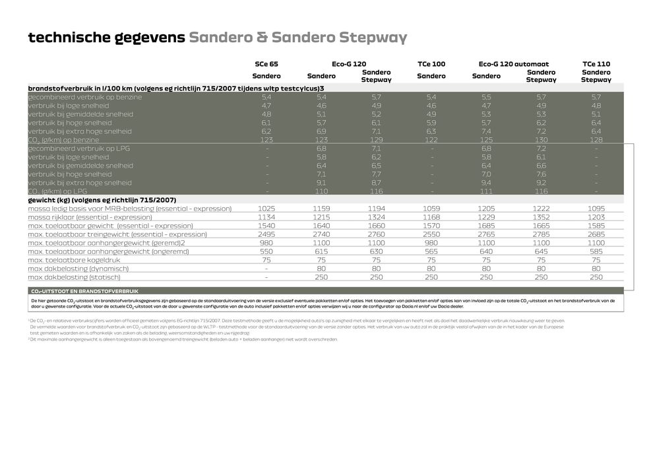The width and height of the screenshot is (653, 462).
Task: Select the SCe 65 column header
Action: [266, 64]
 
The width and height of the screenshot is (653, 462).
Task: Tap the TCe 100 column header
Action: [431, 64]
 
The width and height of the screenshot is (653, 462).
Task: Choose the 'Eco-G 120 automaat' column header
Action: [513, 64]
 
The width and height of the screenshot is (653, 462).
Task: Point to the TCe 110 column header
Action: [596, 64]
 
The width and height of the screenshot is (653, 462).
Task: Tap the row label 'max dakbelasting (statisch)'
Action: [73, 277]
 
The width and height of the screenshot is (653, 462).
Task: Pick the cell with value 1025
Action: [266, 209]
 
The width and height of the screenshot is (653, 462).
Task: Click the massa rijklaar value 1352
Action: [541, 217]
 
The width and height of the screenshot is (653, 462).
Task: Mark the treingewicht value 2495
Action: [266, 234]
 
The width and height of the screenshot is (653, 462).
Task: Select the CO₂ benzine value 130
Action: [541, 140]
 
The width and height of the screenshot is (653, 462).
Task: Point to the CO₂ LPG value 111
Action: [486, 191]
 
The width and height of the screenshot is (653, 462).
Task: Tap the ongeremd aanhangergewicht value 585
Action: [596, 251]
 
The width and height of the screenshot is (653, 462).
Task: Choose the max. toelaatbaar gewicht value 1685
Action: [486, 226]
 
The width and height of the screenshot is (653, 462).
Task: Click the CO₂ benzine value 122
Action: [431, 140]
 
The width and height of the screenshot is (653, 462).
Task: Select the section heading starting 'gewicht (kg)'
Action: [102, 200]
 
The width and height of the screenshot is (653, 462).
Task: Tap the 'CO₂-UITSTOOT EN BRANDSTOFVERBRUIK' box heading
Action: [84, 290]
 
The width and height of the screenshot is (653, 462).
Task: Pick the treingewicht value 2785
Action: [541, 234]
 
